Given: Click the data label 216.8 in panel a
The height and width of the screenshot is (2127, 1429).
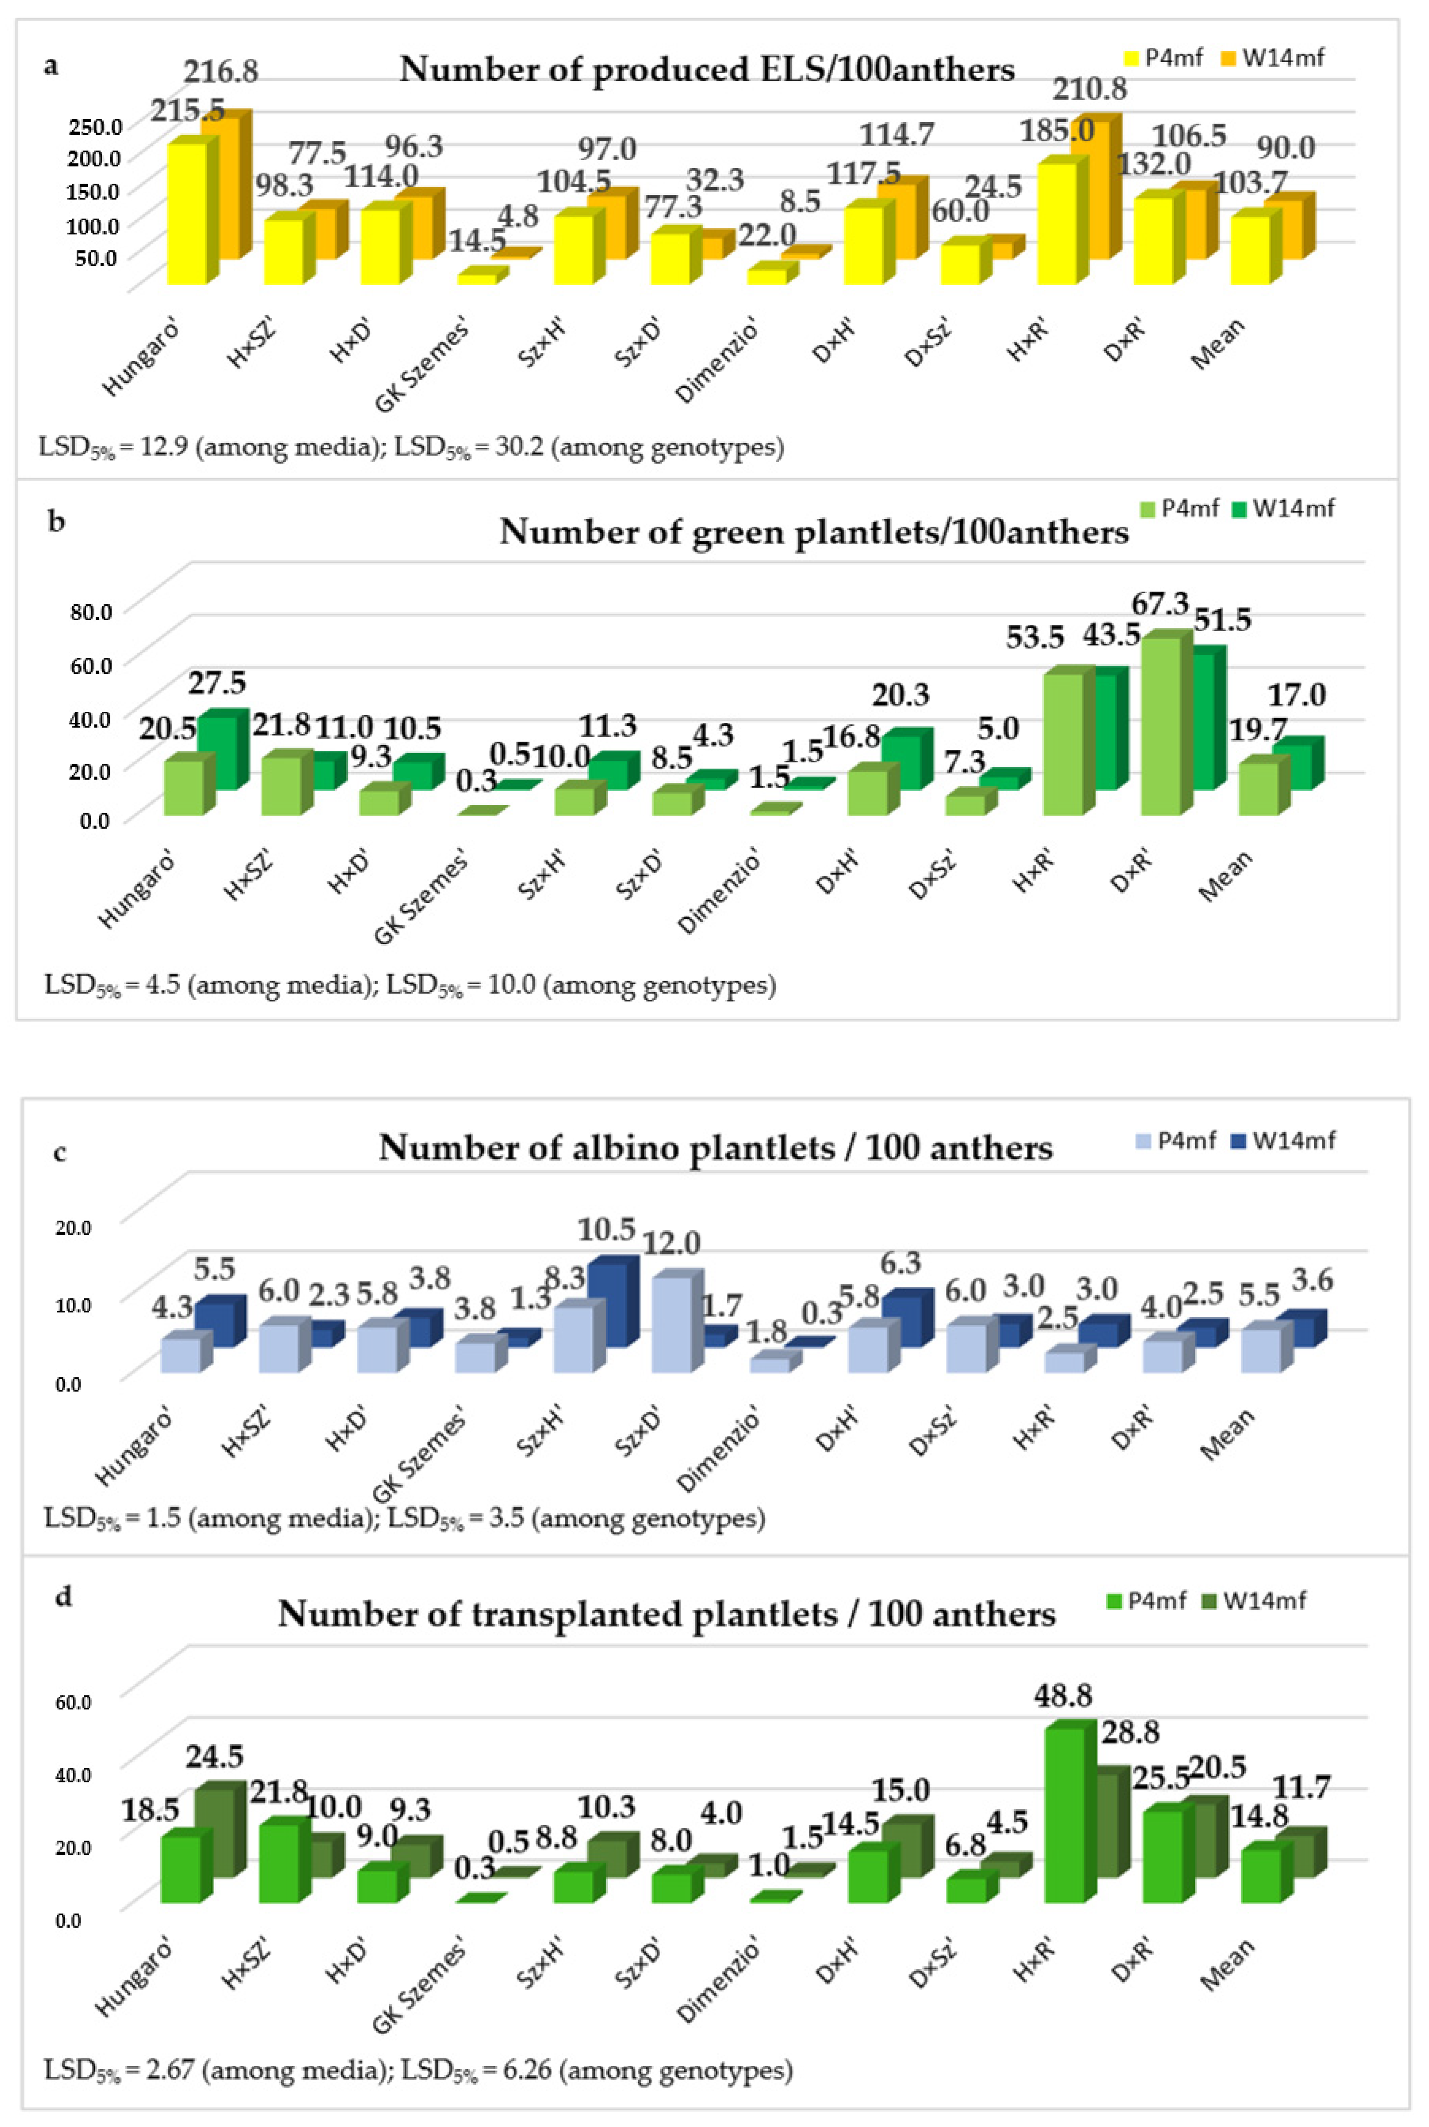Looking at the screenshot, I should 221,71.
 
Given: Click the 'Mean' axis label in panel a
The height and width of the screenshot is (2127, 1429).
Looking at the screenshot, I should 1218,344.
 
